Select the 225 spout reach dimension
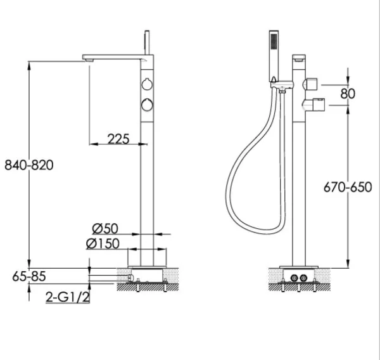(x=119, y=138)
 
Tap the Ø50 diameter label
(x=105, y=228)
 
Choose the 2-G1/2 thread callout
(x=67, y=296)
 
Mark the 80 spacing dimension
(x=347, y=94)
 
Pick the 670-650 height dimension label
(x=347, y=188)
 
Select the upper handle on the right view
(x=311, y=84)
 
